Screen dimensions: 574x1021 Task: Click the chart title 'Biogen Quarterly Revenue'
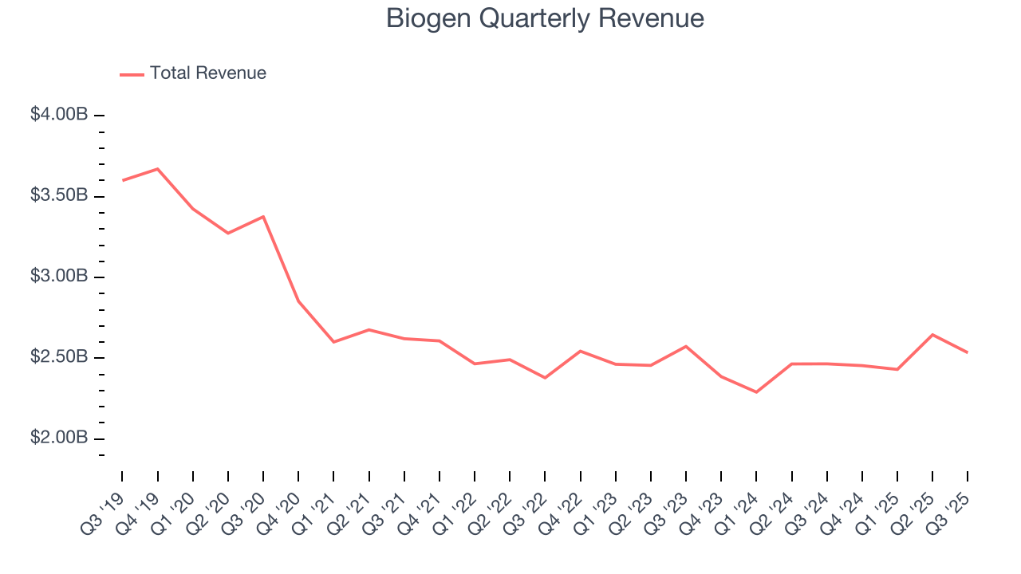coord(545,18)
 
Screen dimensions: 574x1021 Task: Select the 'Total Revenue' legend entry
coord(207,73)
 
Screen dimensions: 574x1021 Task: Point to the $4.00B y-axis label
coord(59,115)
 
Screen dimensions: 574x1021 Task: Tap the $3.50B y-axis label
coord(59,196)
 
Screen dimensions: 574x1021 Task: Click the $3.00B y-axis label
coord(59,277)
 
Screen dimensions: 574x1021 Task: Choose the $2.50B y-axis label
coord(59,357)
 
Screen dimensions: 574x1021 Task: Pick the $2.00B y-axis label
coord(59,438)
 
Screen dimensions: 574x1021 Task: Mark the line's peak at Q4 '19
coord(158,169)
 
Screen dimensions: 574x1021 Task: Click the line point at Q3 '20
coord(263,216)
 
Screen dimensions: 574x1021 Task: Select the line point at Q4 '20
coord(298,301)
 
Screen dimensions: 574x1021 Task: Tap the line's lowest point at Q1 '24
coord(756,392)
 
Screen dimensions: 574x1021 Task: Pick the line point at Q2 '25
coord(932,335)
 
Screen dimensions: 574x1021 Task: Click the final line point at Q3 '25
coord(968,352)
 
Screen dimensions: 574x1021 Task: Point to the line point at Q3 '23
coord(686,346)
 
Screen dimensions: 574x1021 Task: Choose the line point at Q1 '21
coord(333,342)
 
